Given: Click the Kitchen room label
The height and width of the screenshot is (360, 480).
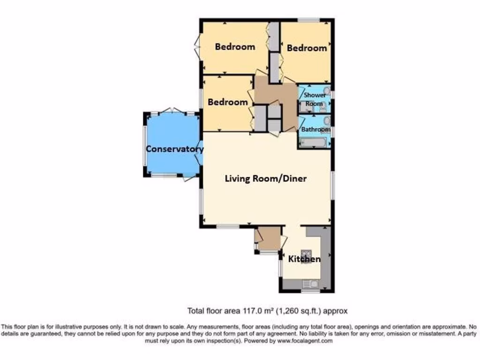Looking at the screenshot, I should coord(304,259).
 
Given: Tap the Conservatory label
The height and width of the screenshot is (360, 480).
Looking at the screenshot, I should coord(174,149).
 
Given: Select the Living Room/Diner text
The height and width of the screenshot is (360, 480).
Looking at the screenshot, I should coord(266,179).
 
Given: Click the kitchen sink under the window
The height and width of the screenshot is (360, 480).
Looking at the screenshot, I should coord(310,284).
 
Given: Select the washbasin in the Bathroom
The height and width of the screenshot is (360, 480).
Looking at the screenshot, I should coord(327,121).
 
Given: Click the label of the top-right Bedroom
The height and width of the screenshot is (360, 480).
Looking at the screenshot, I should coord(307,48).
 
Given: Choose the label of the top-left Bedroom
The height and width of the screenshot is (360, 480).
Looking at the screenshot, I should coord(235,46).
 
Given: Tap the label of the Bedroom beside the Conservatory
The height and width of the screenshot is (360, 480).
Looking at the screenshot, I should coord(228,102).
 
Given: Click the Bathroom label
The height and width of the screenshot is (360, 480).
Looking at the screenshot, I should coord(315,129).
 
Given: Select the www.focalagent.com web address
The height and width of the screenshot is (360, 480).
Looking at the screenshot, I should coord(305,341).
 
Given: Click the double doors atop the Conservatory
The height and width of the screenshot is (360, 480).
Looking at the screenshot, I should coord(172,111).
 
